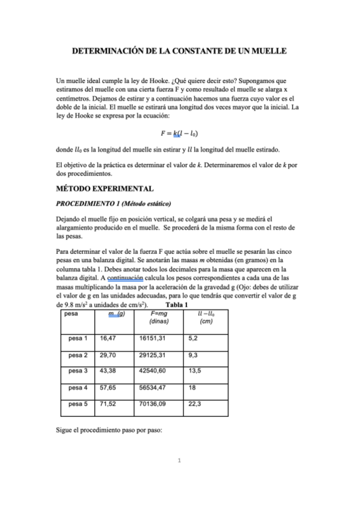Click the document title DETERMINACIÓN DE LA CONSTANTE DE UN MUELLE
click(x=180, y=52)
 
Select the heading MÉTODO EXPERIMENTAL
click(x=99, y=189)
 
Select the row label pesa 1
click(x=78, y=339)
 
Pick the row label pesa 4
click(x=78, y=388)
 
